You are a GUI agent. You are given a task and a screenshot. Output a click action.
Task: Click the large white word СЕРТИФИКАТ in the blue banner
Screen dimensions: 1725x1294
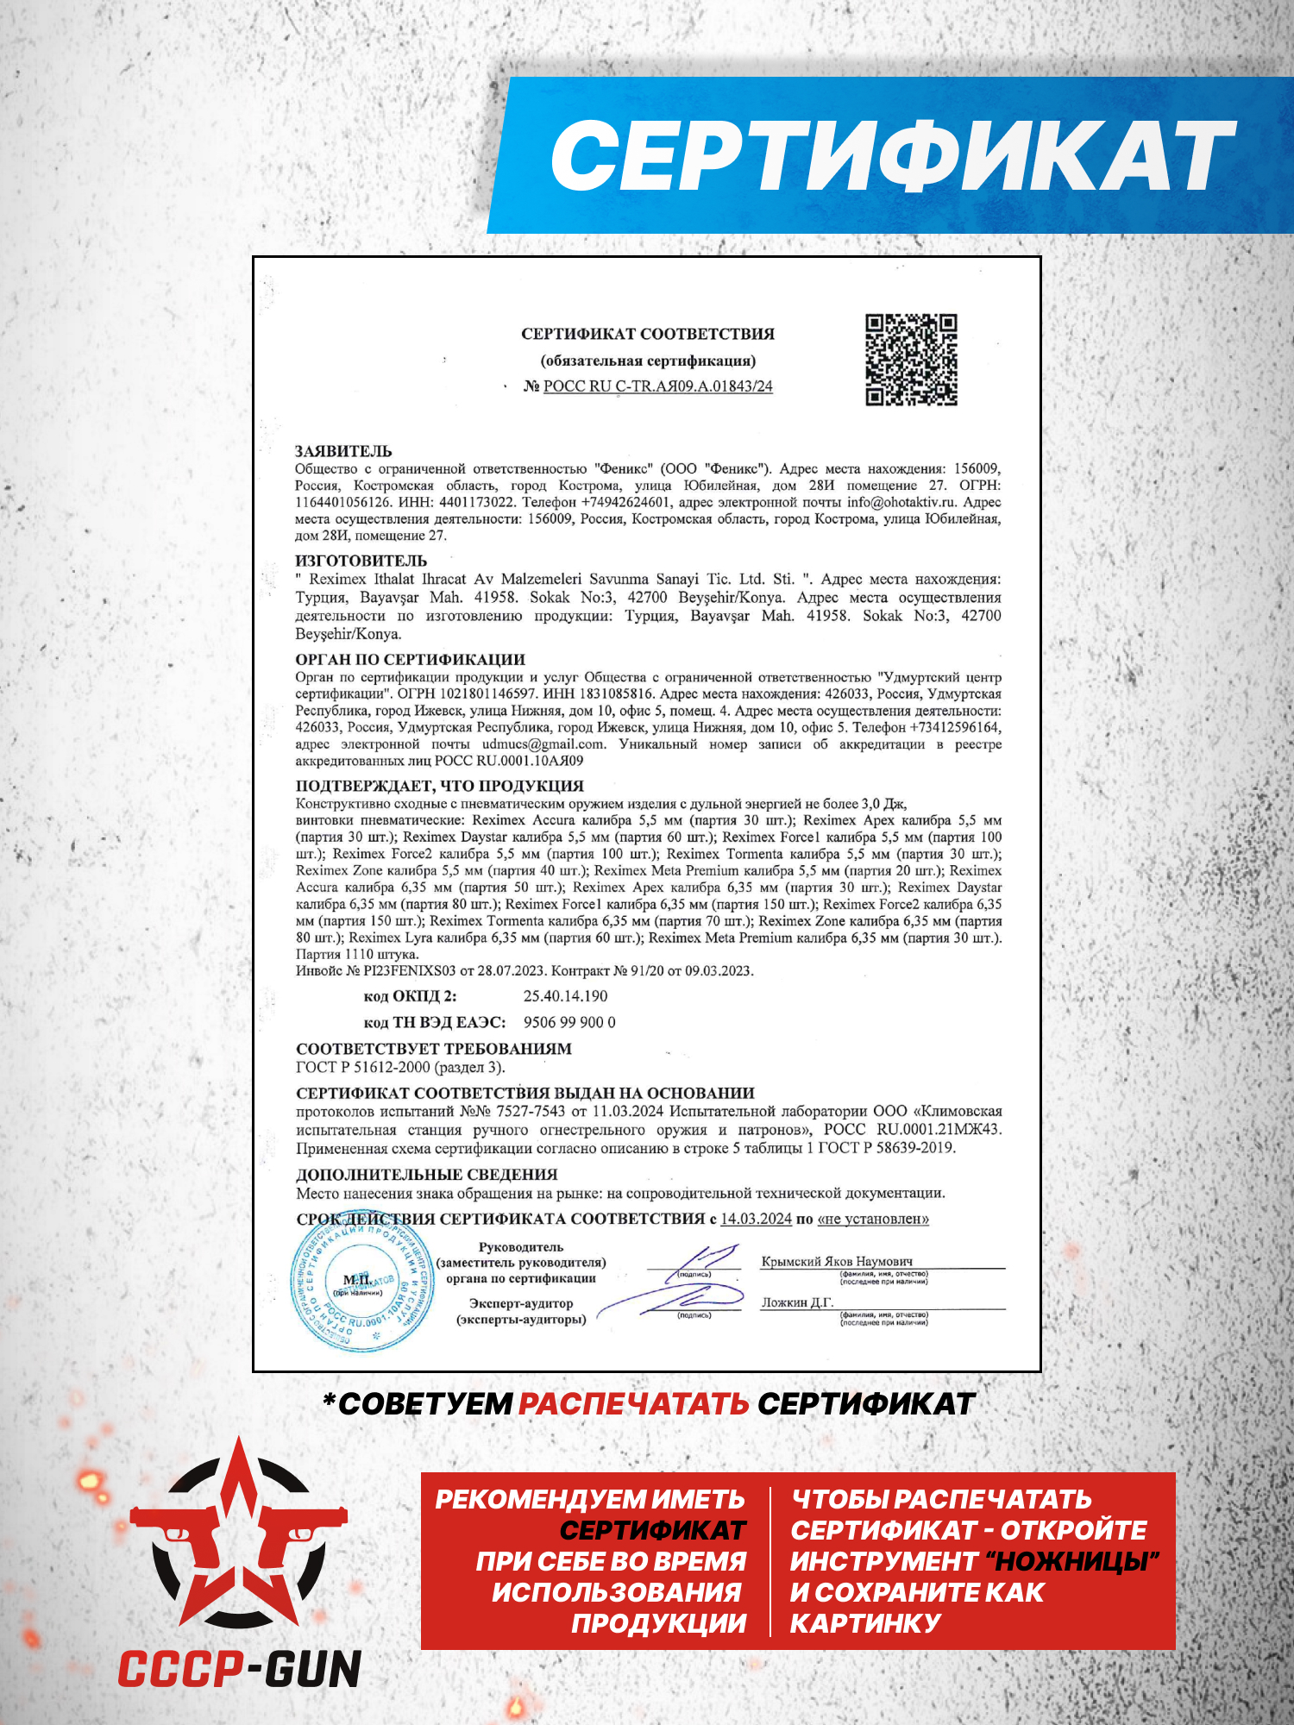coord(893,155)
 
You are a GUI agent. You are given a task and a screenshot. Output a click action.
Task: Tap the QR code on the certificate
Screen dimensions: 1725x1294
coord(911,360)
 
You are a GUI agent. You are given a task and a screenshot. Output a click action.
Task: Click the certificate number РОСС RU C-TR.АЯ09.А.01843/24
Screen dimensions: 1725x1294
coord(657,386)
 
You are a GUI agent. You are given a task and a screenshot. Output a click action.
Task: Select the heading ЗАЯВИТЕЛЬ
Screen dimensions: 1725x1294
coord(343,451)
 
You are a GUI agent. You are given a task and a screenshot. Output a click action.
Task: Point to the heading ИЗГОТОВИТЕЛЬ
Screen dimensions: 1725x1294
coord(361,561)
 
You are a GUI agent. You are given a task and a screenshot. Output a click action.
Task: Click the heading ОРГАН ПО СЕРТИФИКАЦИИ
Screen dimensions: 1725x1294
coord(410,660)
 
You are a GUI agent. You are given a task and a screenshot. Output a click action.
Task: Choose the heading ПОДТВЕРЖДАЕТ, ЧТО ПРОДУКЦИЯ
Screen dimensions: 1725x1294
coord(439,786)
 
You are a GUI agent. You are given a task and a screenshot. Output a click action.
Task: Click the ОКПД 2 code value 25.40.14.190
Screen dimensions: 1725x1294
coord(565,996)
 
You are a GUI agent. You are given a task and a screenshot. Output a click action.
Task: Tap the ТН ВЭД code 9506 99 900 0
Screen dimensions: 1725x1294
coord(569,1023)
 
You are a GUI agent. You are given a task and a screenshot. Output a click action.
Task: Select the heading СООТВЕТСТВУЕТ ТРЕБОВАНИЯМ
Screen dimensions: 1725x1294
coord(433,1049)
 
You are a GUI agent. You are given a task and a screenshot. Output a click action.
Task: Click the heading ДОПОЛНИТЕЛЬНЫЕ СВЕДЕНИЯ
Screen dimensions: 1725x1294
coord(426,1175)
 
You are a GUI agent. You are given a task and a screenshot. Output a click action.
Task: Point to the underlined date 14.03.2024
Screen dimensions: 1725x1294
coord(756,1219)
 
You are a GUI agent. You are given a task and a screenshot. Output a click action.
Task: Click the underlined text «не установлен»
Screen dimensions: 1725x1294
coord(873,1219)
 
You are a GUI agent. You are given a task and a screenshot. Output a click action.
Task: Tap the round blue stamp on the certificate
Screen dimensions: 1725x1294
coord(362,1285)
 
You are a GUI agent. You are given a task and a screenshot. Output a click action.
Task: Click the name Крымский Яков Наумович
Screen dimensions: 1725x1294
coord(836,1261)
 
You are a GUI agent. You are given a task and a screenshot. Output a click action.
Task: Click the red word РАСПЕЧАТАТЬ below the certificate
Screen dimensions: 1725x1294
coord(633,1404)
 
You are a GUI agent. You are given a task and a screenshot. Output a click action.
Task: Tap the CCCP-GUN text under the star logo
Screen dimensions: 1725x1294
coord(239,1669)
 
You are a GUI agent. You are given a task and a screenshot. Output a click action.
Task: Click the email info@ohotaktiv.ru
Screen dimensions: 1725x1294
coord(901,502)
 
